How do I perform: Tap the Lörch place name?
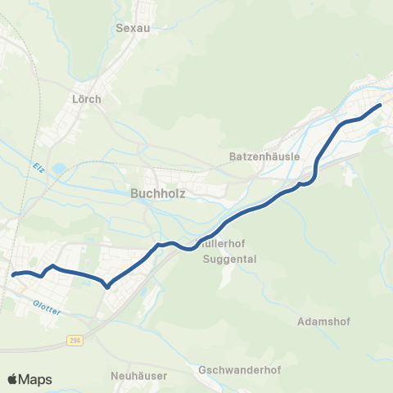87,99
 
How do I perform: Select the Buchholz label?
158,194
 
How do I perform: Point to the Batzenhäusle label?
265,156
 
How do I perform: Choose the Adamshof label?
325,321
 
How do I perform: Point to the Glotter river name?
47,303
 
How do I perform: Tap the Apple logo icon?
11,379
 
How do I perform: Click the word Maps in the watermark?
35,379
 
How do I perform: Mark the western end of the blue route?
14,275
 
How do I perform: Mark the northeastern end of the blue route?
381,105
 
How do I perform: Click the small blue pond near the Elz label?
59,169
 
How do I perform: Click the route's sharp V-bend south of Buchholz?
108,287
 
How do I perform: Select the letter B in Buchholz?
135,194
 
